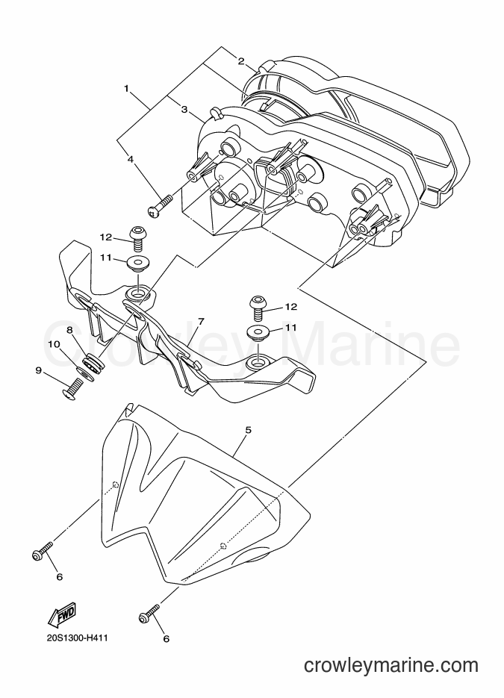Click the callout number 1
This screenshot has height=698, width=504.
coord(126,89)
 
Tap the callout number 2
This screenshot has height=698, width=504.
coord(240,61)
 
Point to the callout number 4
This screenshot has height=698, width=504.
coord(130,158)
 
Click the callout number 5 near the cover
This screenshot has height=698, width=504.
coord(248,430)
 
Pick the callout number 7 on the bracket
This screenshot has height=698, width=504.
coord(201,321)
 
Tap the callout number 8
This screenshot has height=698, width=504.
coord(69,330)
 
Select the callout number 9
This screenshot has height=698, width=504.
coord(38,370)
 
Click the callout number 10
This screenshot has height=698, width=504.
coord(54,343)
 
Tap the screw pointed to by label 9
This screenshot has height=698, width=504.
coord(72,389)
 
